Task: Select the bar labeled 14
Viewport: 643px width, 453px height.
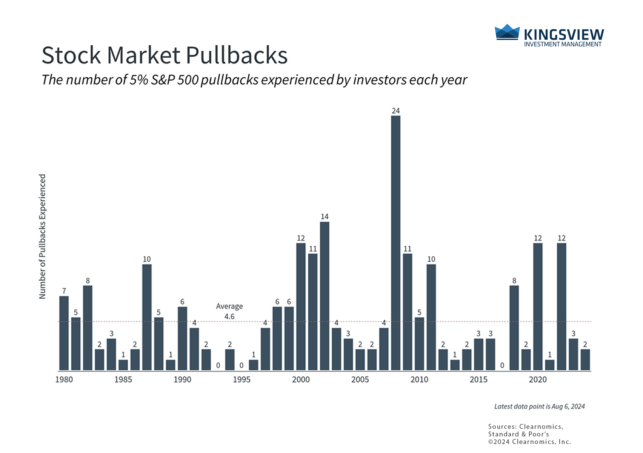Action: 325,296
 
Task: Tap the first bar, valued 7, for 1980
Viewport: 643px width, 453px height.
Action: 64,333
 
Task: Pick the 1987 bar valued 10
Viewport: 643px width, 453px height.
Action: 147,317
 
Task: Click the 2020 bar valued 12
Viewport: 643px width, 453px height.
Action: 538,307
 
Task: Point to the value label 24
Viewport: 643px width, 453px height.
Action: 395,111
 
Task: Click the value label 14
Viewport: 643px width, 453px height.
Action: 325,217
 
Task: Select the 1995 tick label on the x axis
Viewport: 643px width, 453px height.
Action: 242,379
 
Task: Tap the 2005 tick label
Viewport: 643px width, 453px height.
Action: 360,379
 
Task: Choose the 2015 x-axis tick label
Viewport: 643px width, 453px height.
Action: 478,379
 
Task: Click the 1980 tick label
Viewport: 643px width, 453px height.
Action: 64,379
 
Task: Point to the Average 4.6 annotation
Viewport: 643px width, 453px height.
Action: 229,311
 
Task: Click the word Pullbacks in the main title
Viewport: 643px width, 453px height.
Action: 237,55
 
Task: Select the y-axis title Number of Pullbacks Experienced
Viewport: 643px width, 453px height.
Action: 42,237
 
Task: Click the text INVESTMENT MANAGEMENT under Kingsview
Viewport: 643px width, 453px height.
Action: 563,44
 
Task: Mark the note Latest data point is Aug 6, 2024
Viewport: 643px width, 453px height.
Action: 539,407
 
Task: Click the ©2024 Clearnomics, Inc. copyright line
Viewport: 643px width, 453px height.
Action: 529,442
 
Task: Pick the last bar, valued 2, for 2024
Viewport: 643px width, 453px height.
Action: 585,360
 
